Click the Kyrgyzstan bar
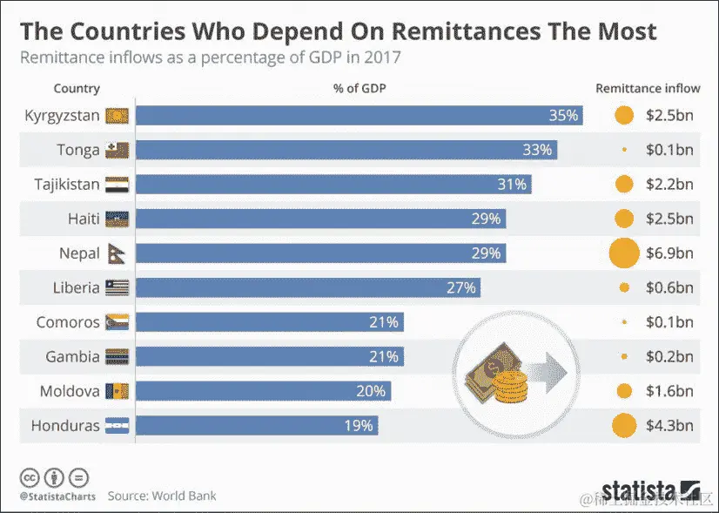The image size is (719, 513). tap(359, 116)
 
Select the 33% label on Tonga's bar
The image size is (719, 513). tap(537, 150)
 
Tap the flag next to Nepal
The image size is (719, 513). tap(116, 253)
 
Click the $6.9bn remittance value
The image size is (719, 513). tap(669, 253)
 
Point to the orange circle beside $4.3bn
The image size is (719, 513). tap(623, 426)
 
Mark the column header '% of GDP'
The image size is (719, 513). tap(359, 89)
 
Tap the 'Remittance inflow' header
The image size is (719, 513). tap(647, 89)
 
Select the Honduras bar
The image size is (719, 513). tap(257, 426)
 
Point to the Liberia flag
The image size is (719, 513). tap(116, 288)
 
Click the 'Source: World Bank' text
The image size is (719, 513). tap(162, 496)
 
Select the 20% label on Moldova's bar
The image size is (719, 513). tap(371, 391)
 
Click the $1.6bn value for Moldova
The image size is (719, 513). tap(669, 391)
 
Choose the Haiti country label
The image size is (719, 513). tap(84, 219)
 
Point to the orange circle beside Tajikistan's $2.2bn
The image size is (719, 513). tap(623, 185)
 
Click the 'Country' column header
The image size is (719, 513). tap(77, 89)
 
